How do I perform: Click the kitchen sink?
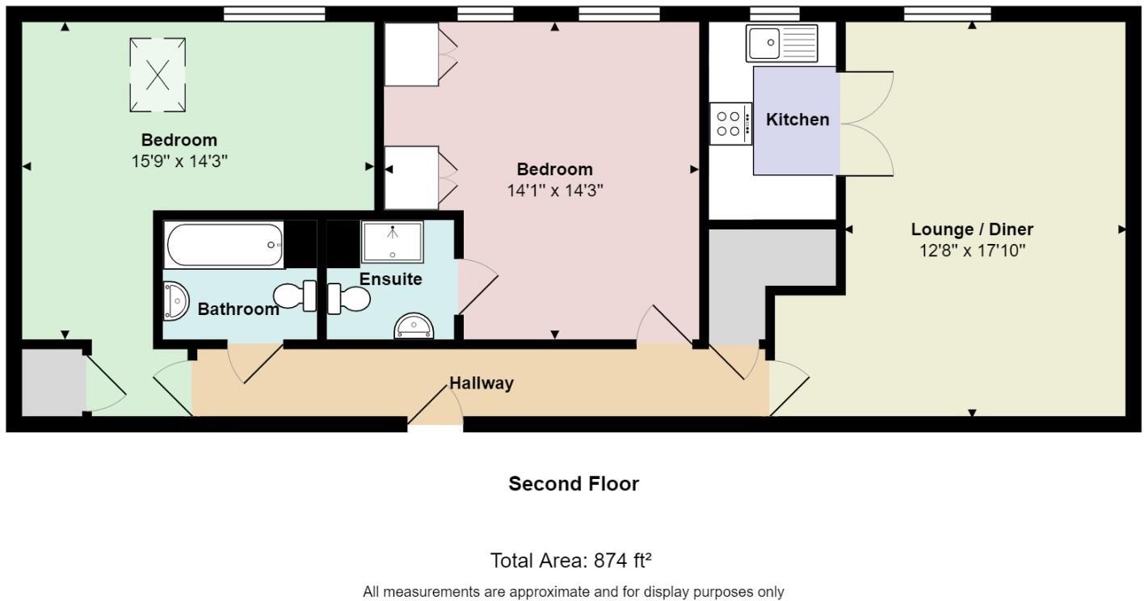coord(782,43)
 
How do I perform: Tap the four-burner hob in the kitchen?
coord(730,124)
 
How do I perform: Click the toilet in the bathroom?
coord(296,296)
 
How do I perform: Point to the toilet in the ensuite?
coord(348,299)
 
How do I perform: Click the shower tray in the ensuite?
coord(392,242)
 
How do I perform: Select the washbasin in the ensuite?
coord(414,327)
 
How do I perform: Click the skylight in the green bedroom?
coord(158,75)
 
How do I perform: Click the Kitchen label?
coord(797,120)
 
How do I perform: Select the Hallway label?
coord(482,383)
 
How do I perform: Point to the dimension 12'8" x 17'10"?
coord(972,250)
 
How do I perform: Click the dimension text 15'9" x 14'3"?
coord(179,161)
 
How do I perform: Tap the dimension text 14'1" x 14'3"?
coord(555,191)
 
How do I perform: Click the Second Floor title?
coord(573,484)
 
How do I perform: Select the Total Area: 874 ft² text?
coord(571,560)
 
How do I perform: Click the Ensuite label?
coord(390,279)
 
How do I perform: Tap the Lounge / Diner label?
coord(972,229)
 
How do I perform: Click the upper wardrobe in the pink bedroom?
coord(412,54)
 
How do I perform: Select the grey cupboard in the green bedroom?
coord(53,381)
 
